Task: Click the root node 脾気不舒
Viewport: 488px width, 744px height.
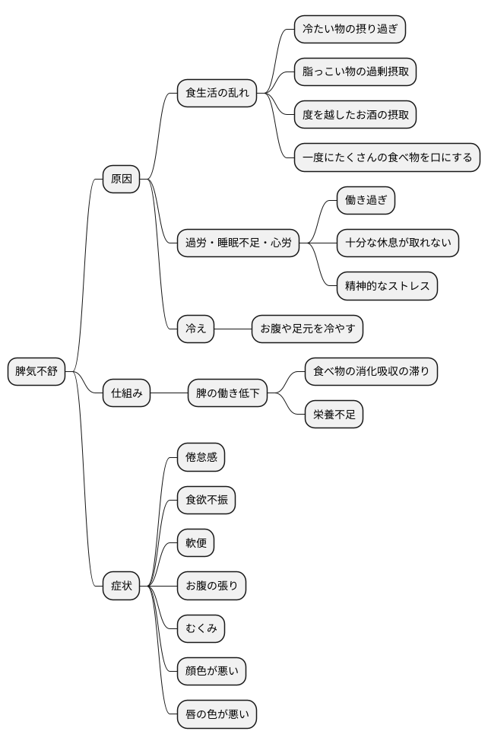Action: point(36,372)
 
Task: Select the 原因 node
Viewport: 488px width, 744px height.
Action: point(122,180)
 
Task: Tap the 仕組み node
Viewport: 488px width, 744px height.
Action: point(127,393)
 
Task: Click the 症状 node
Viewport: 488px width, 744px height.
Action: point(122,586)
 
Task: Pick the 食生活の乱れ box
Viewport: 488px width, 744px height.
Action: point(217,94)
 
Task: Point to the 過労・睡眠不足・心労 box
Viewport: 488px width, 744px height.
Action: point(238,243)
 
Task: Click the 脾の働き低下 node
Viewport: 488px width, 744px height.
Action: point(227,393)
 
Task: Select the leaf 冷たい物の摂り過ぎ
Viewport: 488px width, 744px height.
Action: point(350,30)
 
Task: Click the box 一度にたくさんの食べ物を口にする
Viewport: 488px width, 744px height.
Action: point(387,158)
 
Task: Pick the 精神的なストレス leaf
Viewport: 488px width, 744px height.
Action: point(387,286)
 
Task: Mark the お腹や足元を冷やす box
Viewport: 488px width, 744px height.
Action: point(307,329)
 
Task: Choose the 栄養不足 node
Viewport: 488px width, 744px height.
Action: point(334,415)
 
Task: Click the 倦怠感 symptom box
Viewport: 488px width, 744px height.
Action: point(201,458)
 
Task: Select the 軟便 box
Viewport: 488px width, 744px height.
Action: point(195,543)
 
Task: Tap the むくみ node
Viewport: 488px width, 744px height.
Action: point(201,629)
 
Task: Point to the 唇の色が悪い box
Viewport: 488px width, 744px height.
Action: point(217,714)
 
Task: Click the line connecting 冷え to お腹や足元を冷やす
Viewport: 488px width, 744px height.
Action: point(233,329)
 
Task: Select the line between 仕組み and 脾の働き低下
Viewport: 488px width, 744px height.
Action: point(170,393)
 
